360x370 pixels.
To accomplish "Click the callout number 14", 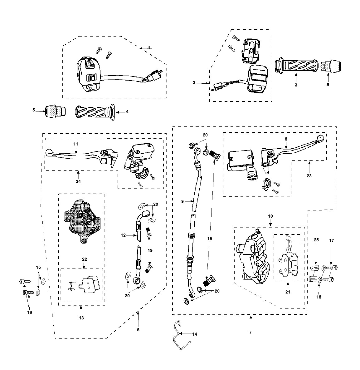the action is [195, 334].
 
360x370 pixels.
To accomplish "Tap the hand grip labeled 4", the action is [95, 112].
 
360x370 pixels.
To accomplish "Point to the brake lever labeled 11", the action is [81, 156].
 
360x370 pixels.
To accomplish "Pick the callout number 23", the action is [309, 176].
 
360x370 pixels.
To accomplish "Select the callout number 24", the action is [78, 181].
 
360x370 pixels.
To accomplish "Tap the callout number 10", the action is [270, 216].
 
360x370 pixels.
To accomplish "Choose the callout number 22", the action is [85, 259].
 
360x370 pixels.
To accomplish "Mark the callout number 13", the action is [81, 318].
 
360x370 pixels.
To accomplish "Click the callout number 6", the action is [138, 330].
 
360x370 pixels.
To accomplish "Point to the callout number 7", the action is [251, 332].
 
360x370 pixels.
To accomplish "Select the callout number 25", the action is [316, 240].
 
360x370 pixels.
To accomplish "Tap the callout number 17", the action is [332, 240].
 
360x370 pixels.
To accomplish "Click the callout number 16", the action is [29, 312].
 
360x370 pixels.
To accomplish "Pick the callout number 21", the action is [288, 292].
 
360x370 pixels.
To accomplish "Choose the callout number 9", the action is [182, 201].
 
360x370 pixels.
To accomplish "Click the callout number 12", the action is [123, 235].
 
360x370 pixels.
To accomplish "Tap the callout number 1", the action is [149, 48].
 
